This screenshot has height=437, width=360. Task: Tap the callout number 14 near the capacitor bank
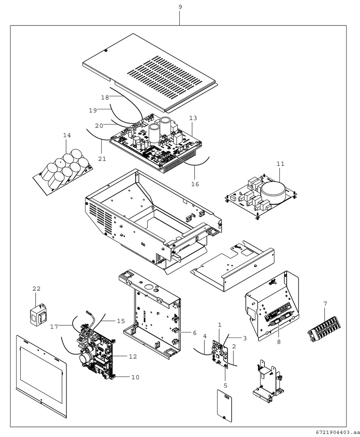coord(67,135)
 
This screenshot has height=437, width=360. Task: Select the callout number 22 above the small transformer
coord(37,289)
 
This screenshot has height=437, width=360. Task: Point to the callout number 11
coord(281,164)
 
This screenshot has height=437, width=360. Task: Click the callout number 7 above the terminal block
coord(325,303)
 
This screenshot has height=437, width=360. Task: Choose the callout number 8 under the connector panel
coord(279,342)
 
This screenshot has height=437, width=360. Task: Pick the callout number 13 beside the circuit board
coord(193,118)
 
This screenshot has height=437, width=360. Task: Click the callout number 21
coord(102,159)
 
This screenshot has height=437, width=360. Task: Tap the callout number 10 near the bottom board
coord(135,377)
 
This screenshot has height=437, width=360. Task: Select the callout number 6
coord(194,333)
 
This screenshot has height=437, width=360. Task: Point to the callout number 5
coord(226,385)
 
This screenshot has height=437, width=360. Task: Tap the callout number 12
coord(133,356)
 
